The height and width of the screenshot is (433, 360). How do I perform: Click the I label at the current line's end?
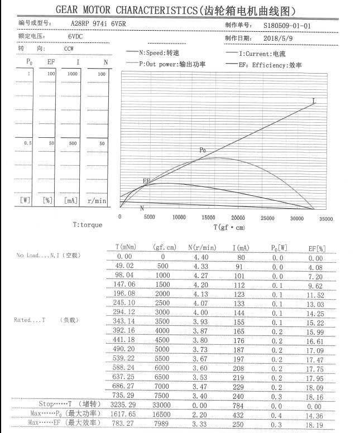[x=314, y=101]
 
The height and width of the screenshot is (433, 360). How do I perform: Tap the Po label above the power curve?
[x=203, y=150]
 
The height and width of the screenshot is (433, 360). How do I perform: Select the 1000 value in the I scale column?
[x=73, y=74]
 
